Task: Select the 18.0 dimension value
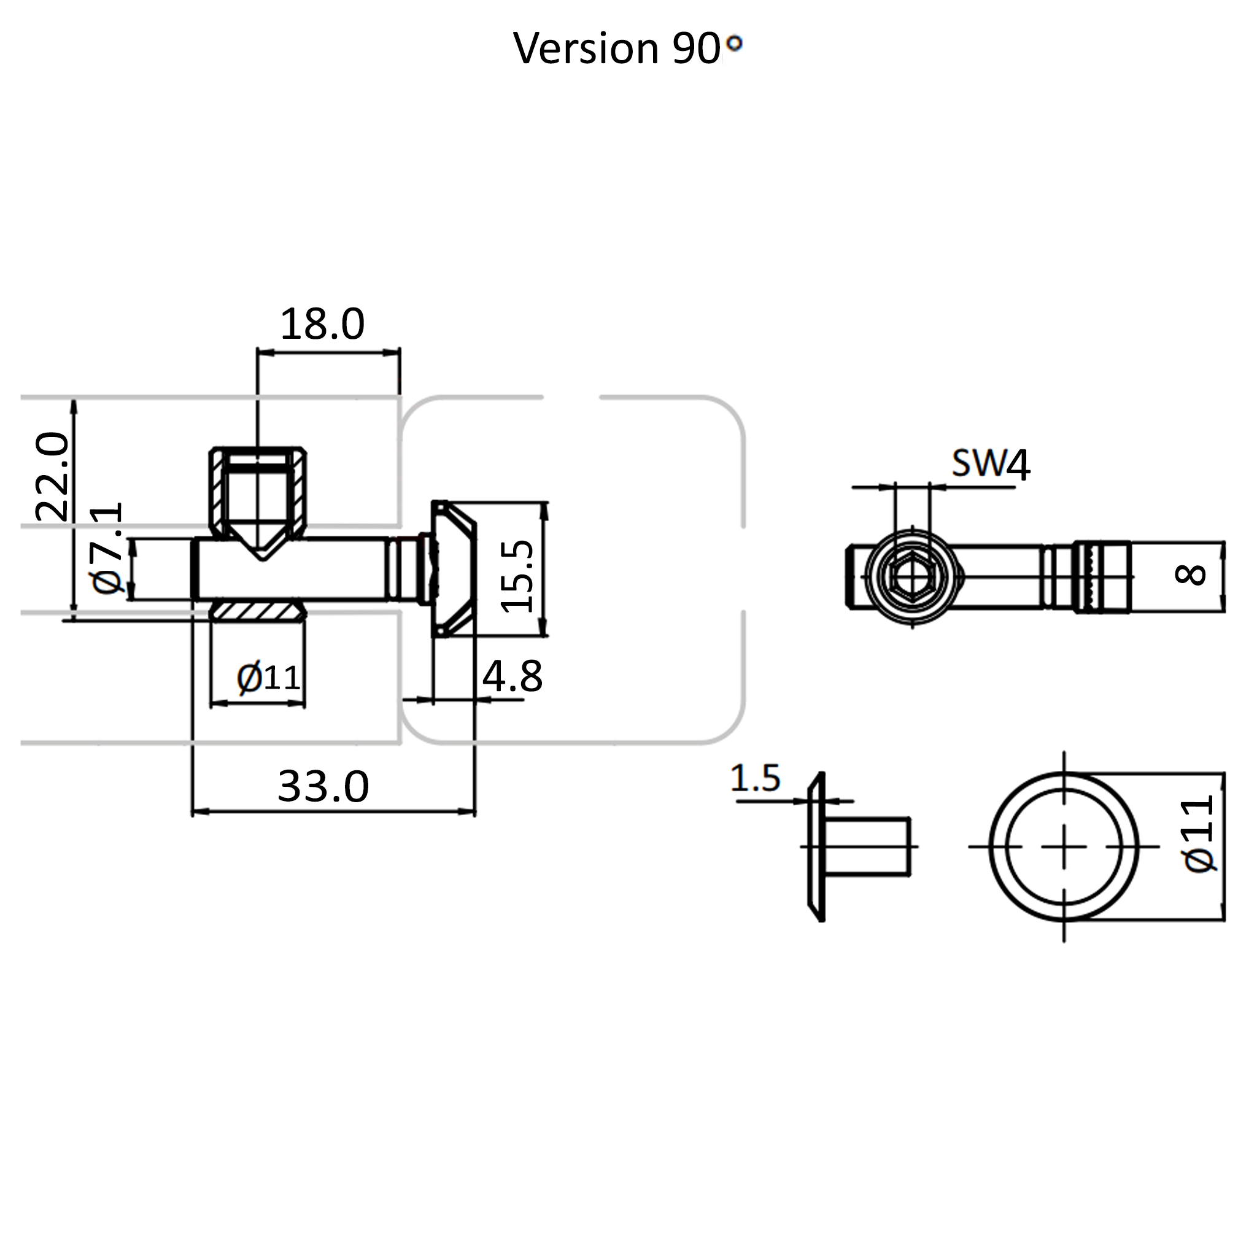[x=322, y=324]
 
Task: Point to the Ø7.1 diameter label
[x=107, y=548]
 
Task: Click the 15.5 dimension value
[x=517, y=576]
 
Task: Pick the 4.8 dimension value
[x=512, y=676]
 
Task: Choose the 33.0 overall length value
[x=323, y=787]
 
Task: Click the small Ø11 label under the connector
[x=268, y=679]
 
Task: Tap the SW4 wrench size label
[x=990, y=465]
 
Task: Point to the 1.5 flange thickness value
[x=755, y=778]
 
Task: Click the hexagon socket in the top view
[x=911, y=576]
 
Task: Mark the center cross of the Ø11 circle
[x=1064, y=846]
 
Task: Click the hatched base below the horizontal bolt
[x=258, y=611]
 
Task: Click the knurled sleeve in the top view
[x=1103, y=576]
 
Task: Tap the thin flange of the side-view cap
[x=816, y=847]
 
